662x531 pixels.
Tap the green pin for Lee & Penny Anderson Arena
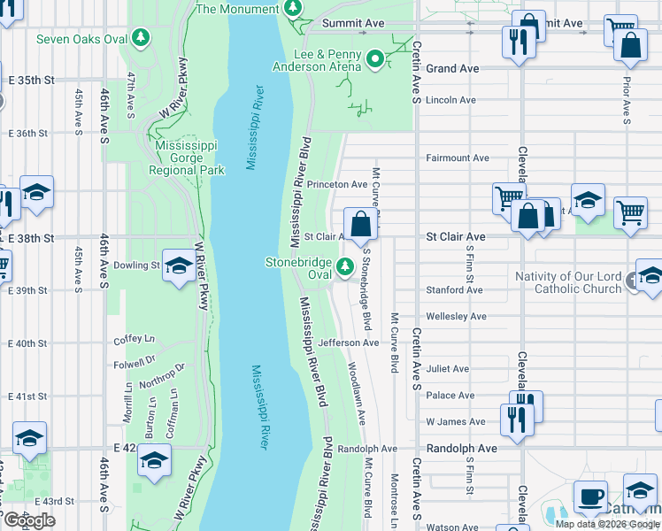coord(375,59)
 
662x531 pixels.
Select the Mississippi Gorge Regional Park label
coord(186,158)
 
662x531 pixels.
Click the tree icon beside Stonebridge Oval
coord(344,263)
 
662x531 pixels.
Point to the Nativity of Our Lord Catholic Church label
coord(569,282)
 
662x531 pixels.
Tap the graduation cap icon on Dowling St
coord(178,266)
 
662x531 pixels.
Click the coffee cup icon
coord(590,496)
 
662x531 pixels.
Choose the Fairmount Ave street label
coord(457,158)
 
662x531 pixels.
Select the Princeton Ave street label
coord(336,184)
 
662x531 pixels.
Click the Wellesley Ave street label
coord(456,316)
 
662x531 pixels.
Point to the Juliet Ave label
coord(448,369)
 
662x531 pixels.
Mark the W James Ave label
coord(455,422)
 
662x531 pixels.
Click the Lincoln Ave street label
coord(450,101)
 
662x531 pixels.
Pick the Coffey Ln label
coord(134,340)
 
